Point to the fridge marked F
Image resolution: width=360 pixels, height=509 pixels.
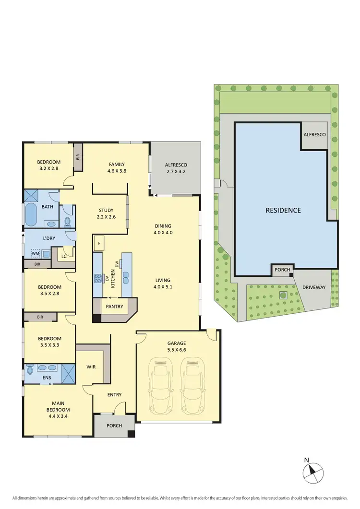click(99, 243)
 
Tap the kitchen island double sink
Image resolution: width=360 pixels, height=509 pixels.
click(126, 277)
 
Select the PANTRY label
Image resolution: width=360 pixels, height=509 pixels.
click(115, 307)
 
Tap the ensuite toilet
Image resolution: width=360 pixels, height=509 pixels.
click(31, 370)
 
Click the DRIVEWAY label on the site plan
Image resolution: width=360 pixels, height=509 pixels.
click(314, 287)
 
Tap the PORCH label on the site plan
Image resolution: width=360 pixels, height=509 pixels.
click(282, 270)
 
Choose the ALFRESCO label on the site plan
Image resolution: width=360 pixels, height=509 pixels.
click(314, 135)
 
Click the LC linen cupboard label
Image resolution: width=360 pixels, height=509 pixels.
click(63, 256)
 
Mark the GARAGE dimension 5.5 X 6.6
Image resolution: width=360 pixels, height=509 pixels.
click(177, 350)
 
